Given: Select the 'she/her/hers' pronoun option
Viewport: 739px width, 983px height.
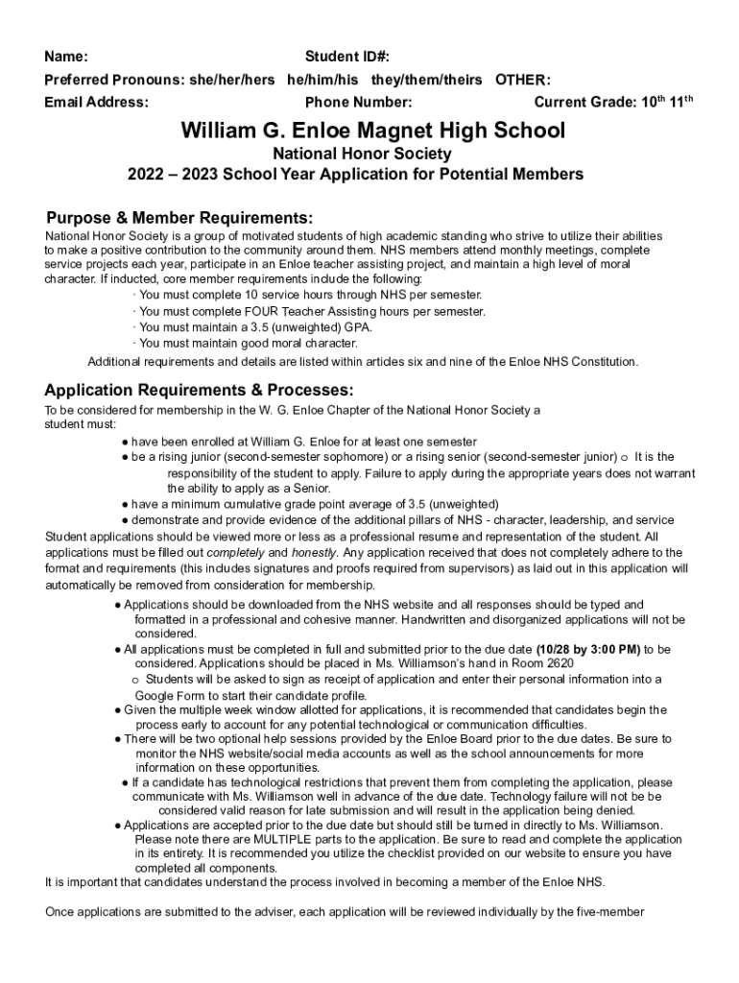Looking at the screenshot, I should (x=233, y=80).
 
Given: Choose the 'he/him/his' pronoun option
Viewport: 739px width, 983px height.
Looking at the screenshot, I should (x=322, y=80).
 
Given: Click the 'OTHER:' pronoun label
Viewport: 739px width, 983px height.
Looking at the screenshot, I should (x=522, y=80).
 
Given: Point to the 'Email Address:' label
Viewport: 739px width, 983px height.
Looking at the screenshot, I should (x=96, y=103).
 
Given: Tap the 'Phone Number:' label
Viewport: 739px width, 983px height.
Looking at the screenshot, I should (x=358, y=103).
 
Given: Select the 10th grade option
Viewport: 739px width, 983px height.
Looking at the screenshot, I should (x=655, y=102).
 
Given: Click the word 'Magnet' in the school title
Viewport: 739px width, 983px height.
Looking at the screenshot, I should (x=392, y=130).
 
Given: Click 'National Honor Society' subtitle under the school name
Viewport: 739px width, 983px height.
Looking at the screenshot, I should (x=362, y=154).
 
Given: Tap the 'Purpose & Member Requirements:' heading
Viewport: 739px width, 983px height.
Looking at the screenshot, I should (x=179, y=217).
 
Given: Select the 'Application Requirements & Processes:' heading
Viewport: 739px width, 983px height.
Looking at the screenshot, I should (x=200, y=391).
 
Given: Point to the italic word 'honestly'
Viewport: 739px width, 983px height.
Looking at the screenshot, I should (x=314, y=553).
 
